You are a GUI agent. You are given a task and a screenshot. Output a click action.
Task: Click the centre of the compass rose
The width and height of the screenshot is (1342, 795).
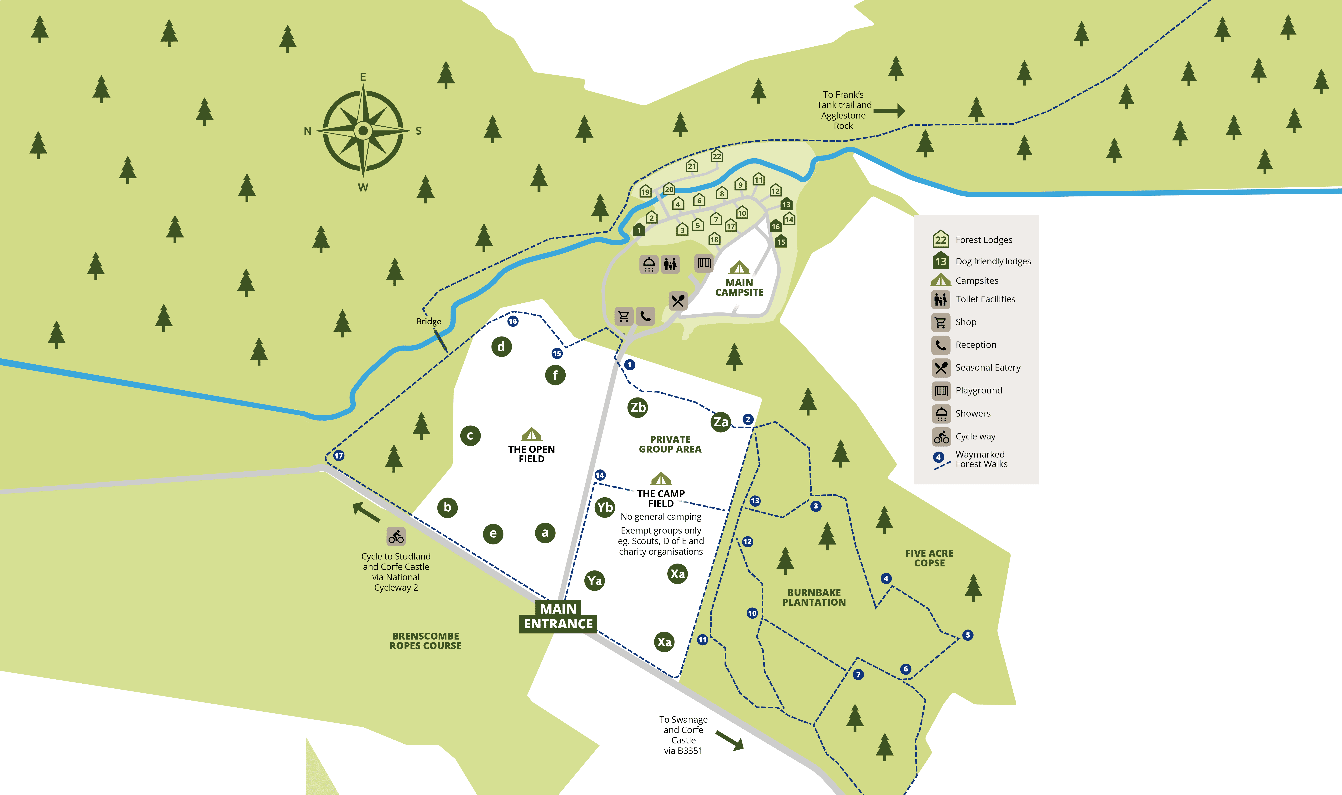click(x=363, y=130)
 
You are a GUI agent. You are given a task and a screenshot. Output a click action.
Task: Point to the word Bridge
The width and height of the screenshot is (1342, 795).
click(x=428, y=322)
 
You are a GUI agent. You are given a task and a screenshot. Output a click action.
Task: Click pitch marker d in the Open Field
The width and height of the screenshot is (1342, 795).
click(x=501, y=347)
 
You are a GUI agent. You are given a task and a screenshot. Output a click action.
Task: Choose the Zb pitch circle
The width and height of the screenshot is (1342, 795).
click(x=637, y=407)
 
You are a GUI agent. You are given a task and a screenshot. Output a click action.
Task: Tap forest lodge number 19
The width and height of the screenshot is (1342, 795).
click(x=645, y=191)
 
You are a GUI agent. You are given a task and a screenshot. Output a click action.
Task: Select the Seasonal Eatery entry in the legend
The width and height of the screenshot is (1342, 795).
click(x=987, y=367)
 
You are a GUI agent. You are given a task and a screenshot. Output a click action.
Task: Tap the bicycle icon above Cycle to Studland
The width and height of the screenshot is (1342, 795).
click(x=396, y=536)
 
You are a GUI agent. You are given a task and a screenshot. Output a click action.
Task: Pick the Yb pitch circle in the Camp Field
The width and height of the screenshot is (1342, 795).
click(x=605, y=507)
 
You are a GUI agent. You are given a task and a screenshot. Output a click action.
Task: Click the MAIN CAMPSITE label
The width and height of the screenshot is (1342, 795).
click(x=739, y=287)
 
